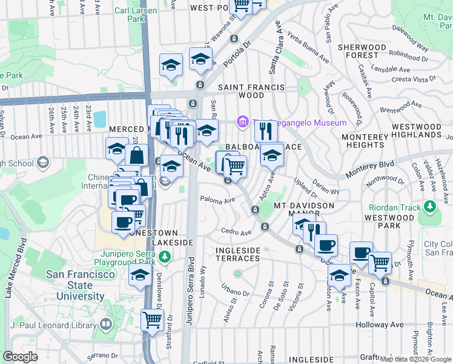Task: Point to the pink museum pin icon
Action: tap(243, 123)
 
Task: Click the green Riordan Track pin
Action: tap(429, 207)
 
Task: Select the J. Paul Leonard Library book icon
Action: tap(106, 325)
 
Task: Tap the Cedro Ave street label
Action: tap(236, 232)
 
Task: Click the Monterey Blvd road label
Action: tap(369, 169)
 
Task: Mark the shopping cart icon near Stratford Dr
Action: tap(152, 319)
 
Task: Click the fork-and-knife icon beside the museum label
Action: tap(265, 130)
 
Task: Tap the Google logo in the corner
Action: tap(21, 357)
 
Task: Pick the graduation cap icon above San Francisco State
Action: tap(140, 275)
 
